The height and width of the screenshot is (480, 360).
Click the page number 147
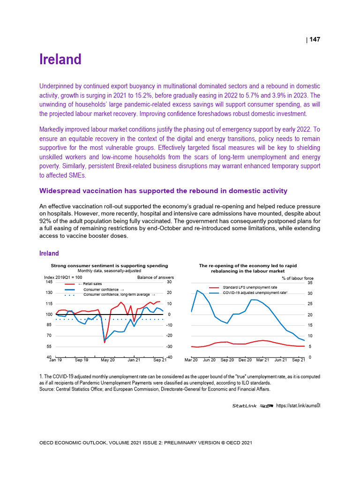click(315, 40)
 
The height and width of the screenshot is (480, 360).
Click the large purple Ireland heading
click(60, 60)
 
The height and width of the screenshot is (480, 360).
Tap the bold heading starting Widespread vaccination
click(164, 191)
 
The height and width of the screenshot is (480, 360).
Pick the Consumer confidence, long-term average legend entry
click(119, 294)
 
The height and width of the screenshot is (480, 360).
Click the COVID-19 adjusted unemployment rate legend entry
click(255, 292)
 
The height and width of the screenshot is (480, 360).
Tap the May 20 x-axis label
click(108, 360)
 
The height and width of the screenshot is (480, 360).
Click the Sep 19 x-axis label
click(81, 360)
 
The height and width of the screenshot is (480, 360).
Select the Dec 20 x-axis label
click(245, 360)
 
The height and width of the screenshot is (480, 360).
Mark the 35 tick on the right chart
click(310, 283)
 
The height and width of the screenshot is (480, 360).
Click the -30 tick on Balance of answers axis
click(170, 346)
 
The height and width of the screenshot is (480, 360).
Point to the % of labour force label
click(298, 278)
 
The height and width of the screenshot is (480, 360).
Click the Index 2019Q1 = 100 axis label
click(63, 277)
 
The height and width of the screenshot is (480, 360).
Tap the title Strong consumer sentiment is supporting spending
click(109, 265)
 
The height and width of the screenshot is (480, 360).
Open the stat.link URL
click(298, 405)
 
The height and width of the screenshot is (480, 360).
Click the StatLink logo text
click(245, 405)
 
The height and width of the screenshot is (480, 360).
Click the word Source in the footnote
click(47, 389)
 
